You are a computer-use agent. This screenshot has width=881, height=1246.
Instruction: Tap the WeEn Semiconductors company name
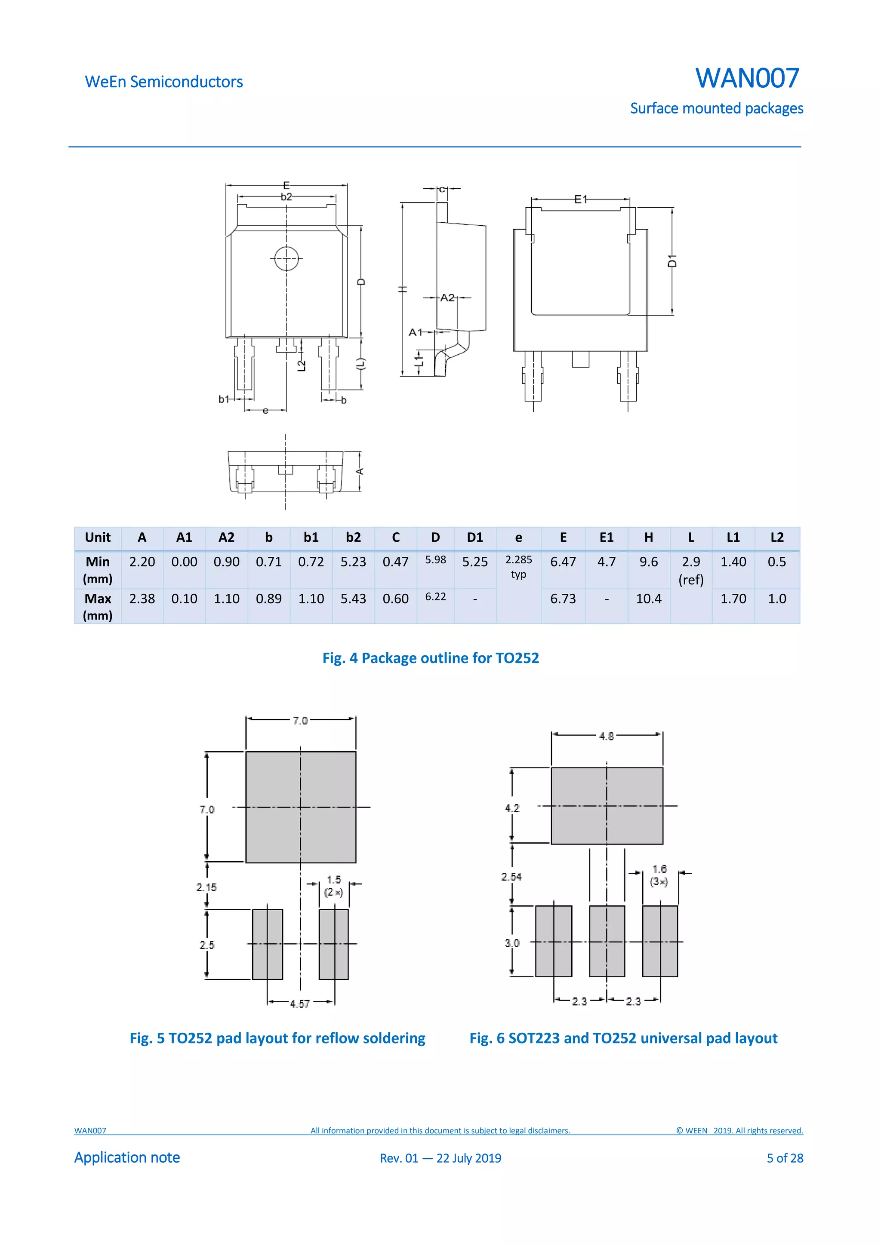[x=163, y=82]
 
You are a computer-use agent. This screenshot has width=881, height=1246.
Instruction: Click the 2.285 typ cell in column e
[x=518, y=567]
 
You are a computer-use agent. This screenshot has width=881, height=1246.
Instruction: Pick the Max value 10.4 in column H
[x=648, y=598]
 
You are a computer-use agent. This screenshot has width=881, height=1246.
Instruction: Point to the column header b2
[x=353, y=537]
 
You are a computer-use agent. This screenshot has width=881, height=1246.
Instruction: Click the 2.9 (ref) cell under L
[x=690, y=571]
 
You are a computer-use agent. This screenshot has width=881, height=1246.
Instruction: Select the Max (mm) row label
[x=98, y=606]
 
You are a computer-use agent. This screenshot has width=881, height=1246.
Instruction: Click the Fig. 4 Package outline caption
[x=431, y=658]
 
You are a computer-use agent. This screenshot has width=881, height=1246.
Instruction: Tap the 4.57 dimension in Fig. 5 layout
[x=300, y=1004]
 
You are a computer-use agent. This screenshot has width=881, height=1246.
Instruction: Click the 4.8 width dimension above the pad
[x=606, y=736]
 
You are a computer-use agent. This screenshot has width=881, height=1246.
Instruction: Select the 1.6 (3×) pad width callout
[x=659, y=875]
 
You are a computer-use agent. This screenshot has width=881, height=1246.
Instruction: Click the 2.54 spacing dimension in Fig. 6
[x=511, y=876]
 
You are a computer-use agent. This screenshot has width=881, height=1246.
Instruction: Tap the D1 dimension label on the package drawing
[x=672, y=261]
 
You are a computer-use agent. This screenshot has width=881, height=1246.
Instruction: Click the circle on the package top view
[x=286, y=259]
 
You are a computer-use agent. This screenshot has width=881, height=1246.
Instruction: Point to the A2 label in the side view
[x=447, y=298]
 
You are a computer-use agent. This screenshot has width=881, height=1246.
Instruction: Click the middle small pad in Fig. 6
[x=607, y=941]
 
